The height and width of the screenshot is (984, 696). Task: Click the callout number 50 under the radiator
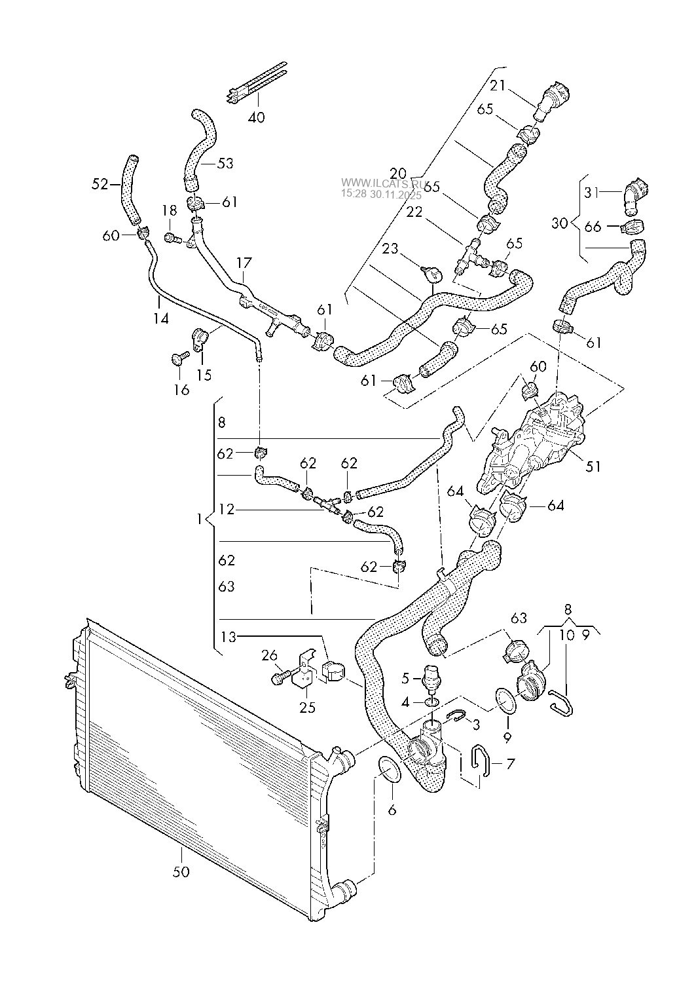click(181, 872)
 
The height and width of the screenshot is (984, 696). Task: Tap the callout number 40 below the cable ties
click(257, 118)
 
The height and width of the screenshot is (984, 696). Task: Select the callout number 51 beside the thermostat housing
click(593, 467)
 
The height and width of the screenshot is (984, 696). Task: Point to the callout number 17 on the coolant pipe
click(244, 263)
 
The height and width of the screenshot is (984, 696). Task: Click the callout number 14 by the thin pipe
click(161, 318)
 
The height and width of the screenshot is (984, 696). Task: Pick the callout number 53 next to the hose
click(225, 163)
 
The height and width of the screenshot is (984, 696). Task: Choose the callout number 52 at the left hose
click(100, 185)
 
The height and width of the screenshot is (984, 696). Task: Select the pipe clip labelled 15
click(199, 339)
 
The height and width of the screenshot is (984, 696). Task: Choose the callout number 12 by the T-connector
click(227, 509)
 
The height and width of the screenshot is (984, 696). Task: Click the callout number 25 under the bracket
click(307, 708)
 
